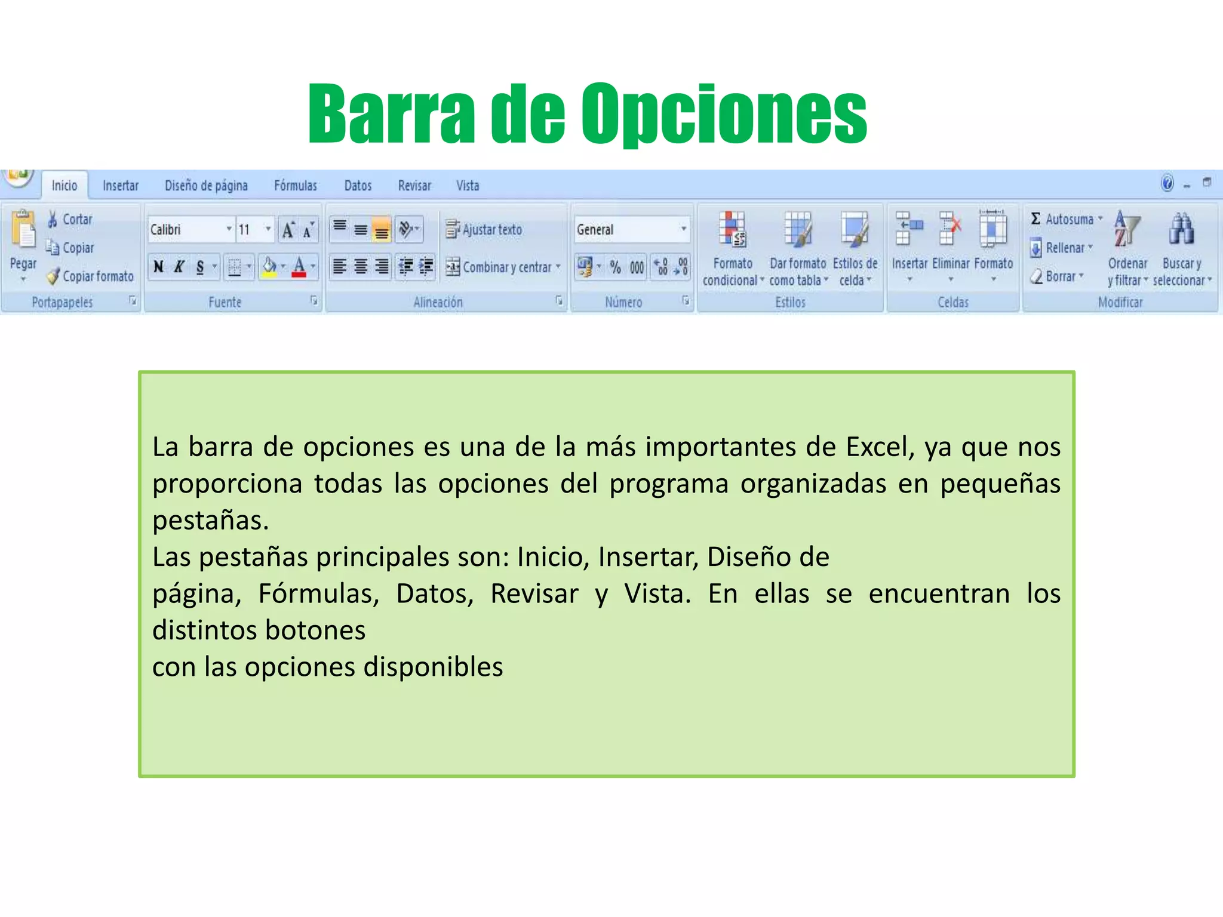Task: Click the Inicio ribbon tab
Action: click(x=64, y=186)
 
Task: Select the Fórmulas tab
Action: click(x=296, y=186)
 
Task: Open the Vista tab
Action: click(x=468, y=186)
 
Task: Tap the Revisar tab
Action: click(x=414, y=186)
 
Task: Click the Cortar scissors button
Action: click(x=70, y=219)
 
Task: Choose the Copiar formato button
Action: click(x=91, y=276)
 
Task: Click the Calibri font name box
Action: click(x=186, y=230)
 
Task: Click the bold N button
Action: click(x=159, y=267)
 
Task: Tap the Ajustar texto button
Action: click(x=484, y=230)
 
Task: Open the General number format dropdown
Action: click(x=684, y=229)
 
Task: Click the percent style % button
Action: click(x=616, y=267)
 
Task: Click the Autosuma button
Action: click(x=1065, y=219)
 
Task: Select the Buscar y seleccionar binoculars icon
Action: click(x=1181, y=229)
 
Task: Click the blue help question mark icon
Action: click(x=1167, y=183)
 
